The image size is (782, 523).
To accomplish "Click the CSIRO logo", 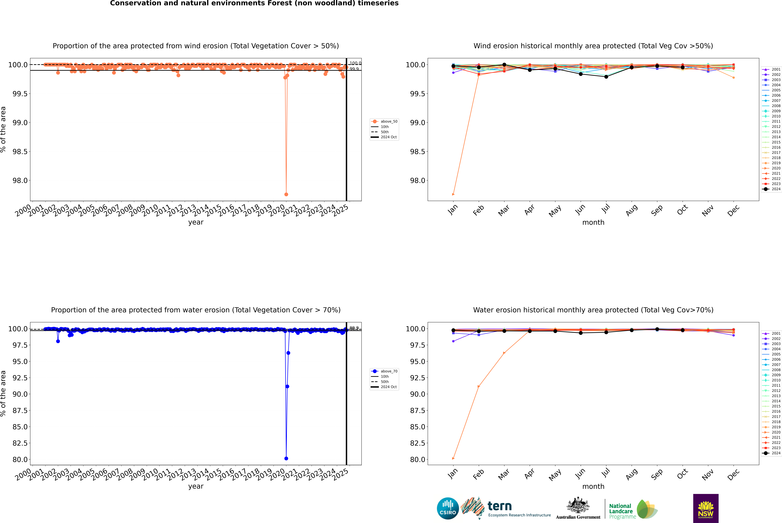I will click(x=448, y=508).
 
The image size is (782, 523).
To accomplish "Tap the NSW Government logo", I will click(x=706, y=508).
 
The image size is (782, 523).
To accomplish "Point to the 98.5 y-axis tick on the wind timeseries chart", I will click(x=20, y=151).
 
